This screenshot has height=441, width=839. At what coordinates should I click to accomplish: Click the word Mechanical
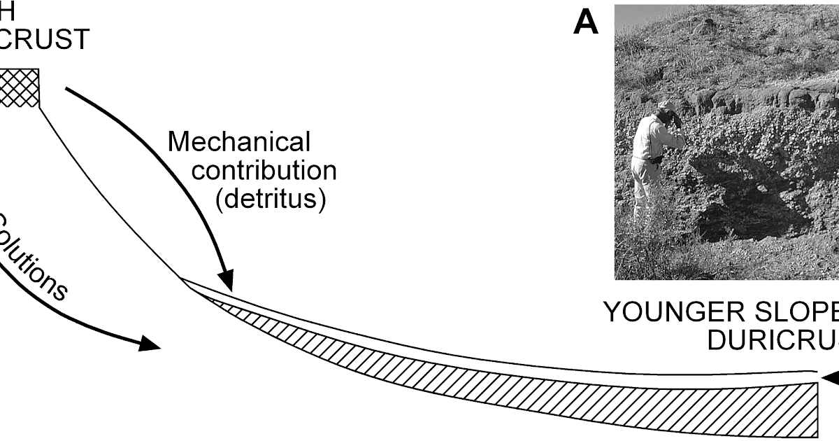coord(238,142)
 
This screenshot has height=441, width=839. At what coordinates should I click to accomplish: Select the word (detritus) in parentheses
coord(271,199)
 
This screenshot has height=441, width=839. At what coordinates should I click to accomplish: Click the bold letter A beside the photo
coord(586,23)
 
